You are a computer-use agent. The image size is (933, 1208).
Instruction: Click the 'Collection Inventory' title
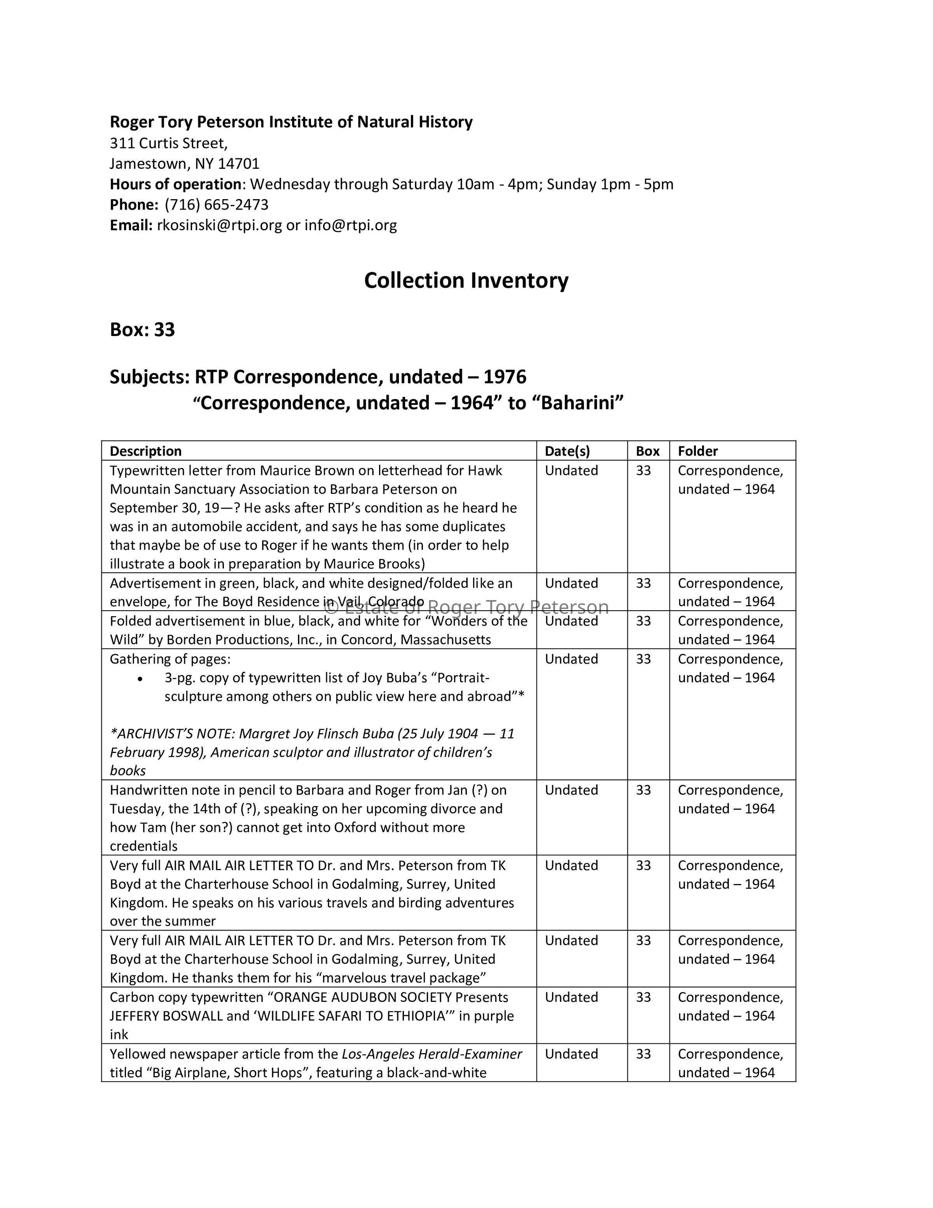(466, 280)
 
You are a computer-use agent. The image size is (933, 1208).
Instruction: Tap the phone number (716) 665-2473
(216, 205)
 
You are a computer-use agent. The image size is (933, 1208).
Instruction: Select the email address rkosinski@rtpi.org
(219, 225)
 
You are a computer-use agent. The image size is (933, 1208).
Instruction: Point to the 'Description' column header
(145, 451)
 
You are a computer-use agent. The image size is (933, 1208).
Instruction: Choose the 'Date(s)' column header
(567, 451)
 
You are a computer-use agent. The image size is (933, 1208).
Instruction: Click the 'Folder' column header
(697, 451)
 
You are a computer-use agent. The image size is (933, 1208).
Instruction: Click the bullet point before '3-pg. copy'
(142, 679)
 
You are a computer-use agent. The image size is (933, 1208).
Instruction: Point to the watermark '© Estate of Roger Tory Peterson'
(466, 608)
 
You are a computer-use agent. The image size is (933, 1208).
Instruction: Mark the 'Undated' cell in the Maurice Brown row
(571, 471)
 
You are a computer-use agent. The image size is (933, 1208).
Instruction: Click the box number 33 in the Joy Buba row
(643, 659)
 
